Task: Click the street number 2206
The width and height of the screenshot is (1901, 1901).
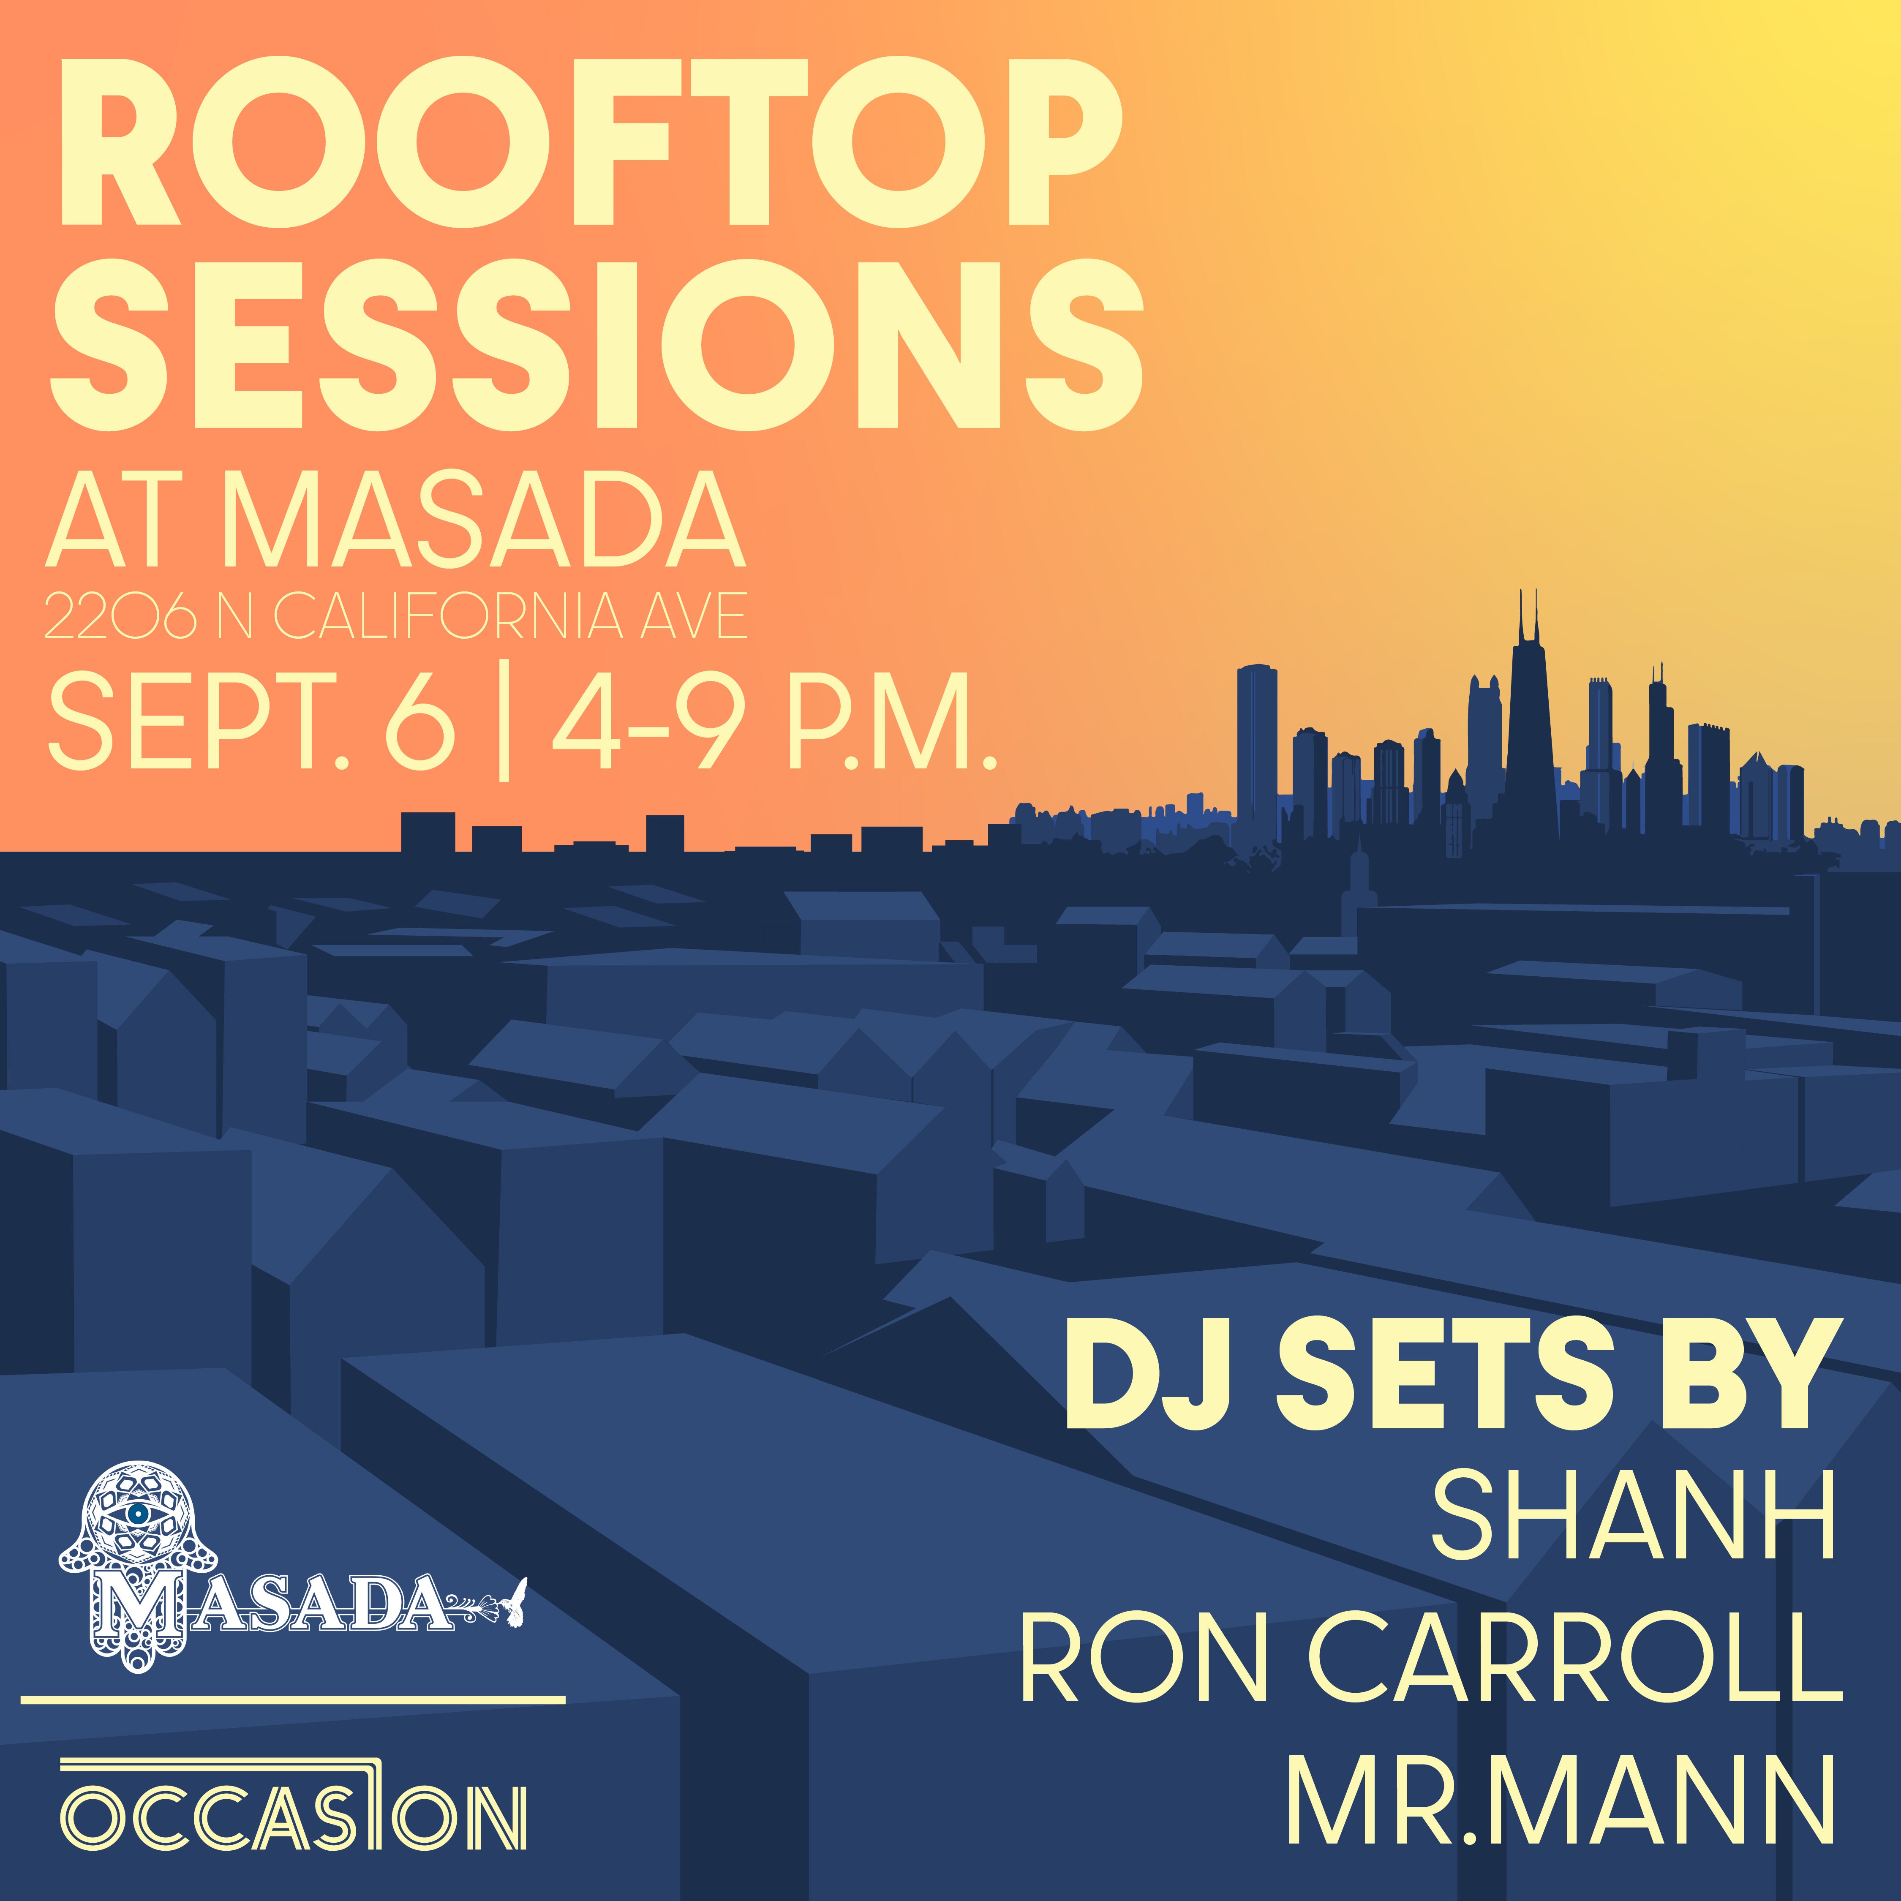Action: pos(120,617)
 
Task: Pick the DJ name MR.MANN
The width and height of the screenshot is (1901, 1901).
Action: pos(1561,1799)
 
